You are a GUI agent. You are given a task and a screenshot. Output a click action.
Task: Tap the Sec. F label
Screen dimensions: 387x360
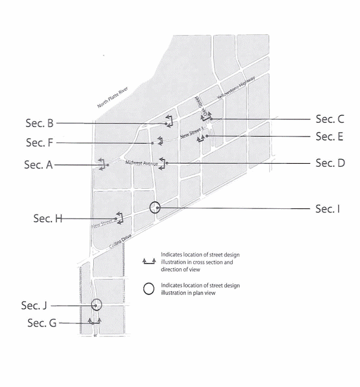[40, 143]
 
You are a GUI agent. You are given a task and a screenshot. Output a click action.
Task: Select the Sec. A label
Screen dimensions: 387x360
[39, 165]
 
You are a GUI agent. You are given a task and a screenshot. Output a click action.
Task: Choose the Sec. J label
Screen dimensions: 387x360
[34, 306]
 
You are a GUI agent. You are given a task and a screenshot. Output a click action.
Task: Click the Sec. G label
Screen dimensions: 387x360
[43, 323]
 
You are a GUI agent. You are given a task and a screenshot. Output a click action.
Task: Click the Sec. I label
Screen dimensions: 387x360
[329, 208]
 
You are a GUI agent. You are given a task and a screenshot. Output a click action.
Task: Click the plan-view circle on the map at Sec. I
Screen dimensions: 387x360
[154, 207]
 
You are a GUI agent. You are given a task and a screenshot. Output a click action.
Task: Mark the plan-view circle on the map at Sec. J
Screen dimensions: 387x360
[96, 305]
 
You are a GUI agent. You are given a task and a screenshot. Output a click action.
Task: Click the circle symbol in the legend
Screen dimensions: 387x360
[149, 288]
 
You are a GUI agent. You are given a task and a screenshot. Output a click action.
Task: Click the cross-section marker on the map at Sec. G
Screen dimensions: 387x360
[94, 322]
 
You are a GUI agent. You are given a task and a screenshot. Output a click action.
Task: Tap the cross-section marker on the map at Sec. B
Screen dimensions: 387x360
[169, 122]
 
